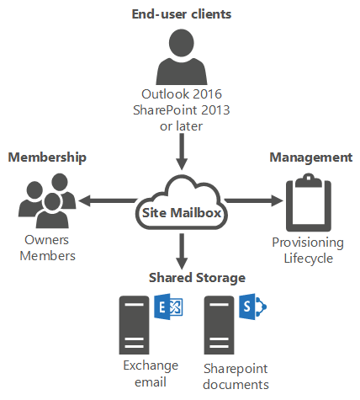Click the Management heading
click(310, 157)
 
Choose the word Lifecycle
click(307, 258)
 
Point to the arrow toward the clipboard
click(252, 200)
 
